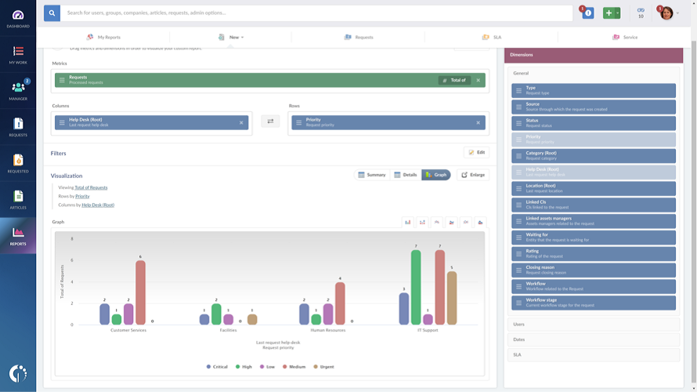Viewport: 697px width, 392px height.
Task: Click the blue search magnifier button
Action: coord(52,13)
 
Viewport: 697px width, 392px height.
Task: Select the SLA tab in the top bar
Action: coord(492,37)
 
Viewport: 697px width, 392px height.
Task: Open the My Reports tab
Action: coord(103,37)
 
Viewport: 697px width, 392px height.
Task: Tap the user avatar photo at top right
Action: coord(666,13)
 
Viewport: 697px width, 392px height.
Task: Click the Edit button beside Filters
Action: coord(476,152)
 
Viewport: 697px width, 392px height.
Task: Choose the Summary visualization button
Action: coord(371,175)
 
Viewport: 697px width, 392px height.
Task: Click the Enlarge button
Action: coord(472,175)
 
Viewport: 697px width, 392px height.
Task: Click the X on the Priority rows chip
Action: coord(478,122)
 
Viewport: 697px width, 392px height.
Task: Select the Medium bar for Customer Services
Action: coord(140,292)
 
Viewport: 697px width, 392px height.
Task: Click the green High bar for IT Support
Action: coord(416,287)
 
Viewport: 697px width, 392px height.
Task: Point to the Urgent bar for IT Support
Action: coord(452,298)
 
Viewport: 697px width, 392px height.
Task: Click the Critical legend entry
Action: coord(217,367)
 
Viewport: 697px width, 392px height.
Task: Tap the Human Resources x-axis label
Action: coord(328,330)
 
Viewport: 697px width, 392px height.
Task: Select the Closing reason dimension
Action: coord(593,270)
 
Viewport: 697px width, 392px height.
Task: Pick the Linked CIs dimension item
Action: coord(593,205)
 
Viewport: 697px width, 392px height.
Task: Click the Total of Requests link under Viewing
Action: coord(91,187)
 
